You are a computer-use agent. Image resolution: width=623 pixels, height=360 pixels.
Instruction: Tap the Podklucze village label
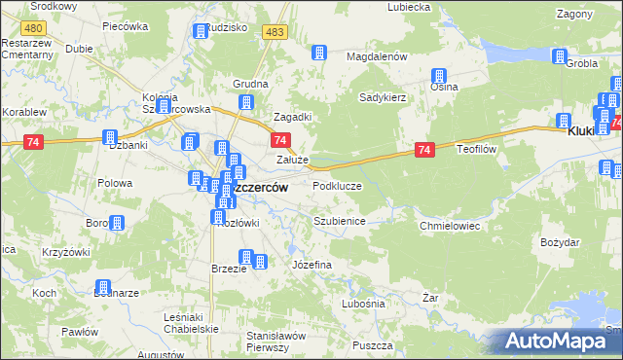point(337,185)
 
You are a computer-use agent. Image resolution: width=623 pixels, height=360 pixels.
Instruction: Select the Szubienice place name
point(339,221)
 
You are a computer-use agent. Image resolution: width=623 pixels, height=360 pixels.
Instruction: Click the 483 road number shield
point(275,32)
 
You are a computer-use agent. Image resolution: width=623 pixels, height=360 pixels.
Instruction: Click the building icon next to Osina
point(439,76)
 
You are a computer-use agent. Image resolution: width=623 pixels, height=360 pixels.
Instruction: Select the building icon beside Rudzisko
point(201,31)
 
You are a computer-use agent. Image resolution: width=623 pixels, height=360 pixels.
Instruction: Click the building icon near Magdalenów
point(318,54)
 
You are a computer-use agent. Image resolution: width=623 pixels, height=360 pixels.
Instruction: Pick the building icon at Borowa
point(117,224)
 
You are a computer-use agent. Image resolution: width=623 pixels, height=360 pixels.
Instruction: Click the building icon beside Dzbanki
point(110,138)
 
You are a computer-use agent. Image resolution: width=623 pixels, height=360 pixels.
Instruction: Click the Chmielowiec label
point(450,225)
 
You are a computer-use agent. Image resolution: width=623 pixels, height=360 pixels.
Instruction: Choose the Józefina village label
point(312,265)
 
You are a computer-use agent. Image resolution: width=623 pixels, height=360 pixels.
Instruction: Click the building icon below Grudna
point(247,101)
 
